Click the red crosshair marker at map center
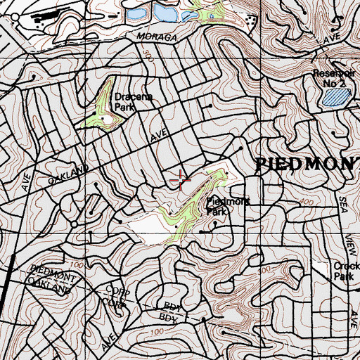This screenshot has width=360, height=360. (181, 180)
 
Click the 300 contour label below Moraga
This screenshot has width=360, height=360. (146, 54)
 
